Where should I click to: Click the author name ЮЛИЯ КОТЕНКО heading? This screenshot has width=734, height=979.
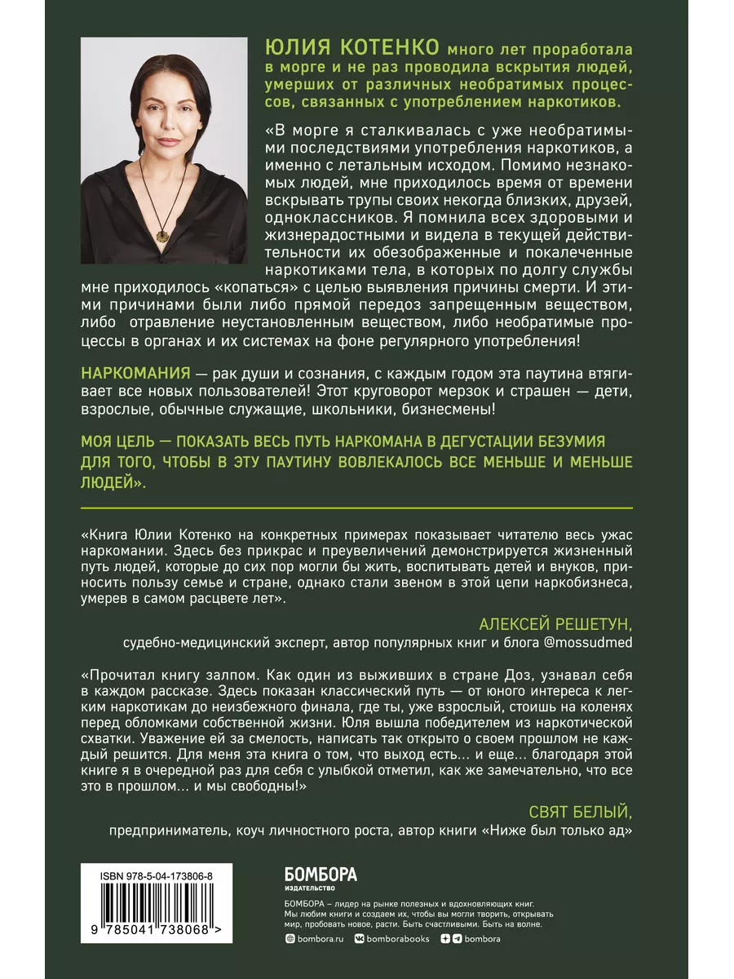(x=348, y=47)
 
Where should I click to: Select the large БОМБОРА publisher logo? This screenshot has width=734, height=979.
(x=321, y=874)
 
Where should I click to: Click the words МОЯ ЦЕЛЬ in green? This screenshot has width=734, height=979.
(x=122, y=441)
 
